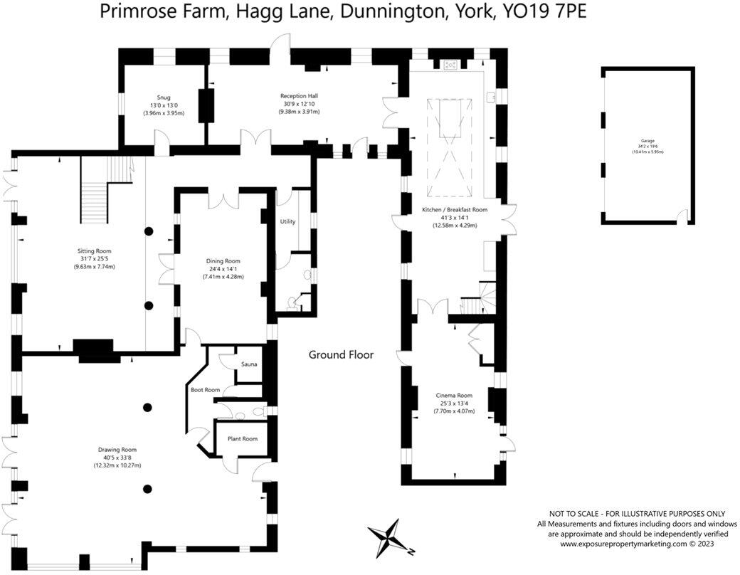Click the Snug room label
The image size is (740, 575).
(x=164, y=97)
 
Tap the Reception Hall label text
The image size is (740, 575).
(x=299, y=95)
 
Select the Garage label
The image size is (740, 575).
(x=646, y=141)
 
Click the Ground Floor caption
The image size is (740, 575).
(x=341, y=354)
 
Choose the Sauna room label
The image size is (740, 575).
(x=249, y=364)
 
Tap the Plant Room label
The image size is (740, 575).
(x=242, y=438)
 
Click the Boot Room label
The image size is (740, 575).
(x=206, y=390)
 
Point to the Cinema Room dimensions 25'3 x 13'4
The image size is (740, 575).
(x=455, y=403)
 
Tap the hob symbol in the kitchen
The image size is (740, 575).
(x=450, y=65)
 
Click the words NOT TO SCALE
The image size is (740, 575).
(x=577, y=514)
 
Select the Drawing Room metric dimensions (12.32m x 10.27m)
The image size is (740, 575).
(x=117, y=465)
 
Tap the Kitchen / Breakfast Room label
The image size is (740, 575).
(x=455, y=210)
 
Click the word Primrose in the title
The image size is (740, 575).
(x=134, y=13)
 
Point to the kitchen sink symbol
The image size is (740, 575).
(x=490, y=95)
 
